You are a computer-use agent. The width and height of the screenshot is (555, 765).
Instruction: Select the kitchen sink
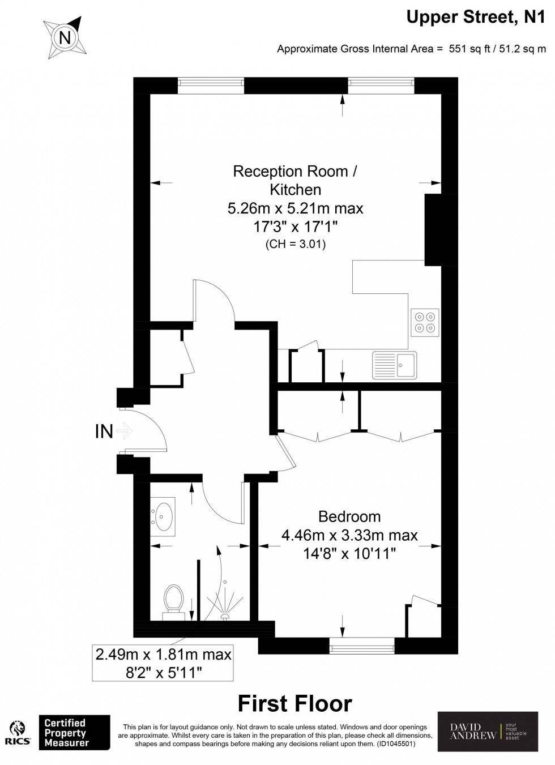pyautogui.click(x=394, y=365)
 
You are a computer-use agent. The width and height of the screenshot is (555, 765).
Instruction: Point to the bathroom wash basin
pyautogui.click(x=163, y=515)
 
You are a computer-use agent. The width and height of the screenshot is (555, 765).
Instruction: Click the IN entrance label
pyautogui.click(x=104, y=431)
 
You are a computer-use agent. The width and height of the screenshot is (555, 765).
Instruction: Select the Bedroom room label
pyautogui.click(x=349, y=516)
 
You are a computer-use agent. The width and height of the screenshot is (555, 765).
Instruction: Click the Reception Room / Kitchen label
pyautogui.click(x=295, y=180)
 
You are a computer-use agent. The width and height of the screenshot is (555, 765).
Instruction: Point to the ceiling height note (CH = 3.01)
pyautogui.click(x=295, y=245)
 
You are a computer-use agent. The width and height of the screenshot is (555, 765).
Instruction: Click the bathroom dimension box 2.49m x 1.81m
pyautogui.click(x=163, y=663)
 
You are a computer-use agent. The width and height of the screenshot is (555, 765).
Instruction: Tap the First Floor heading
pyautogui.click(x=294, y=704)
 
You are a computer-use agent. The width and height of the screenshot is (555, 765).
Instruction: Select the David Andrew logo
pyautogui.click(x=488, y=731)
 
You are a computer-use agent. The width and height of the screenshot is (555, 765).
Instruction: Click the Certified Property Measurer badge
pyautogui.click(x=74, y=733)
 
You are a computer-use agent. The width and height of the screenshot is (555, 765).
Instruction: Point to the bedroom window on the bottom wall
pyautogui.click(x=362, y=645)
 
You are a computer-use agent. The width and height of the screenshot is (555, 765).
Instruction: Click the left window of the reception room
pyautogui.click(x=211, y=86)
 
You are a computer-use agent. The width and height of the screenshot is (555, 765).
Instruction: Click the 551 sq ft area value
pyautogui.click(x=465, y=49)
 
